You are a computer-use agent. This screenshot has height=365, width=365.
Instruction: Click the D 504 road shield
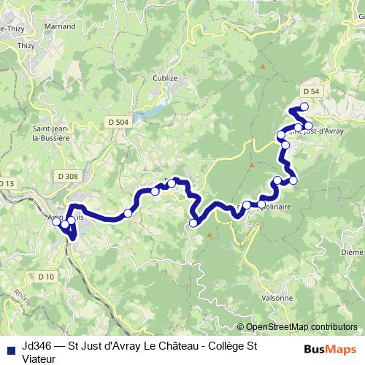click(117, 122)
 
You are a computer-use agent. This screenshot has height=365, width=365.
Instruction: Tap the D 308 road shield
click(66, 176)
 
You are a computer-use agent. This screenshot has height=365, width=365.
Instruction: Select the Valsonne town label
click(277, 297)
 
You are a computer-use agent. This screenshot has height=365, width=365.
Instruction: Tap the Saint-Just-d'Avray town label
click(318, 132)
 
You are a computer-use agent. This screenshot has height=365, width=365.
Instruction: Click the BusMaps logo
click(331, 348)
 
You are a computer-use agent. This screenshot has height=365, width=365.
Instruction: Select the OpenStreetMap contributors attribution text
click(301, 327)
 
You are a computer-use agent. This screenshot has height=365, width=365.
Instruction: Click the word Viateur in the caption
click(41, 357)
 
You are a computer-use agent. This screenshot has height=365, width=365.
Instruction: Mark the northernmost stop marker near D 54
click(304, 107)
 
